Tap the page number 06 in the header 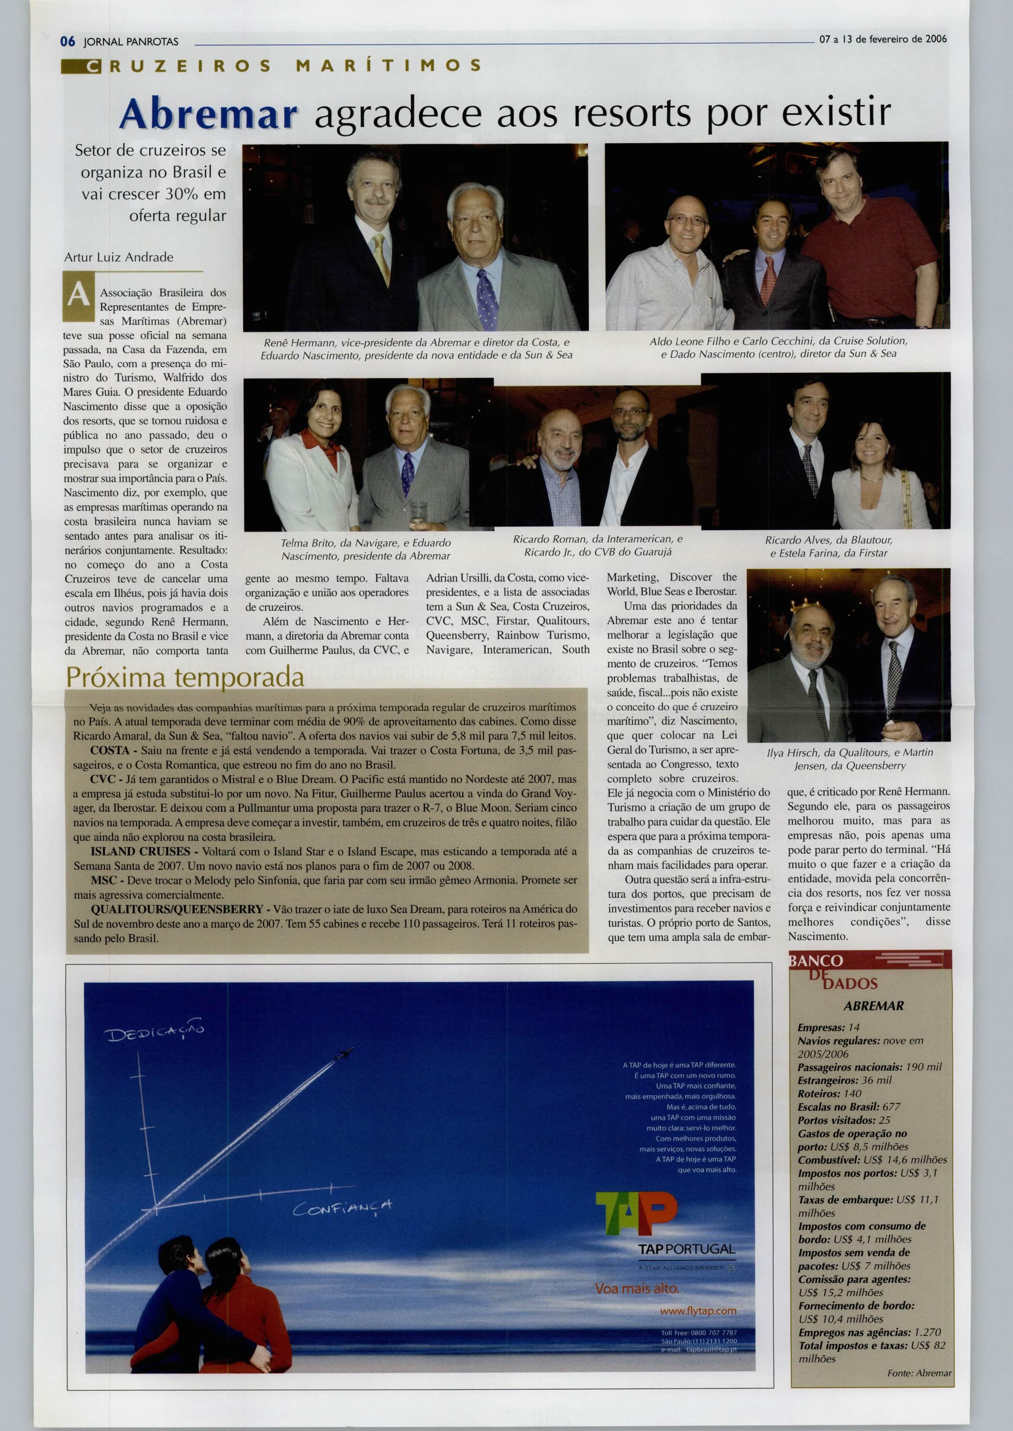point(68,42)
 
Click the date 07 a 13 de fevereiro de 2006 point(883,39)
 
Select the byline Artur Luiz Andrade point(119,257)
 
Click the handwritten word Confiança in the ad point(343,1207)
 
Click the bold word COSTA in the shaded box point(110,750)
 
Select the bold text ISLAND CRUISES point(140,851)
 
